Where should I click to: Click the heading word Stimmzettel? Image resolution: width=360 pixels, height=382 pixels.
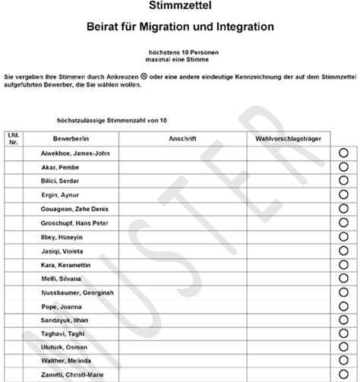(179, 7)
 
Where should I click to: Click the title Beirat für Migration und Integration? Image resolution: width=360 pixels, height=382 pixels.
(179, 27)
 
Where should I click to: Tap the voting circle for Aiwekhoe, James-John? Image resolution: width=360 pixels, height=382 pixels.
(343, 153)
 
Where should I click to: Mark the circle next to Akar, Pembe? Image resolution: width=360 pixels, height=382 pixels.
(343, 167)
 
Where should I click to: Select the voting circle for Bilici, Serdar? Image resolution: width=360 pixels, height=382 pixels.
(343, 181)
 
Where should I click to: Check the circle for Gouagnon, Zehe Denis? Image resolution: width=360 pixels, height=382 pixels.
(343, 209)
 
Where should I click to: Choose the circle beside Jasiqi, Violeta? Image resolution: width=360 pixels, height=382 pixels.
(343, 251)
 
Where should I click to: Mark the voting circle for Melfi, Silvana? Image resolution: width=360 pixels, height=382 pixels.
(343, 279)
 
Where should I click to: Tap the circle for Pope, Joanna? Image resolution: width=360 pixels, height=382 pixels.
(343, 307)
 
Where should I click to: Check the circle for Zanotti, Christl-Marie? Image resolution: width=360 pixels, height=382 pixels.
(343, 375)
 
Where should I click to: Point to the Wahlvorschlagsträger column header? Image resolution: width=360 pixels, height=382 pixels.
(285, 139)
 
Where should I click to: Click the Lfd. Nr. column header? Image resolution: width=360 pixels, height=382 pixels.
(14, 139)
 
